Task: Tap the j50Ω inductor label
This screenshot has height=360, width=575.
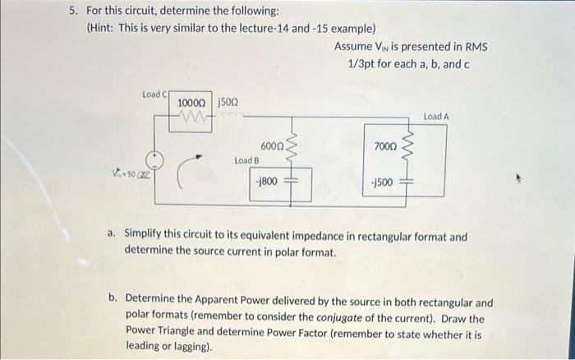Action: point(228,103)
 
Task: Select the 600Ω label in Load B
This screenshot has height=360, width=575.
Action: point(273,145)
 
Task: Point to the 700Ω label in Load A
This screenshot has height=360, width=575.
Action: point(384,145)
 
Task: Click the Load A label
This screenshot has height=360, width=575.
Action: point(436,117)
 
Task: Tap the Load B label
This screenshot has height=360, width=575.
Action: point(246,160)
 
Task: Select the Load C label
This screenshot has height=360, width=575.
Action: point(154,95)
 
